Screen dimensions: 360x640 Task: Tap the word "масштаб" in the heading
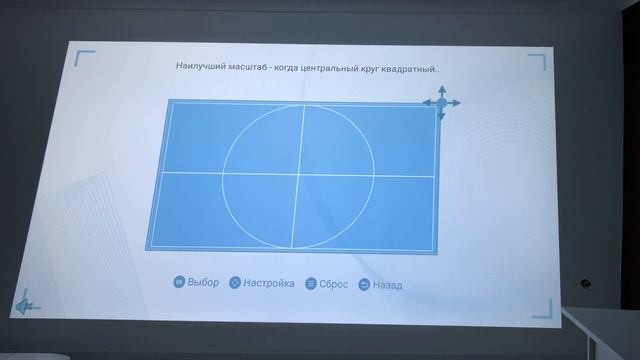point(247,68)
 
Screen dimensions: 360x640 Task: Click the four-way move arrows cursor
point(441,103)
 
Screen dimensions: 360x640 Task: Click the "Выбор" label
point(203,282)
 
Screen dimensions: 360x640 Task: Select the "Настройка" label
point(269,283)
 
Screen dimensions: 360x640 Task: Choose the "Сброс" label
point(334,284)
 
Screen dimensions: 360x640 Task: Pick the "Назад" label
point(387,285)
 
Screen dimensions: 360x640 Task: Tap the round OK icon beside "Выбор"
point(179,282)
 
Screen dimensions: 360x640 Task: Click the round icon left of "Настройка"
point(235,283)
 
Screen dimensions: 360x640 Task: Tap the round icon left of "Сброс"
point(311,284)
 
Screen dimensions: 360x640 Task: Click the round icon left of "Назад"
point(364,285)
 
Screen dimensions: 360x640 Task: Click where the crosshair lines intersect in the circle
point(297,174)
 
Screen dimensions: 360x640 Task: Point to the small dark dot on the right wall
point(586,285)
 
